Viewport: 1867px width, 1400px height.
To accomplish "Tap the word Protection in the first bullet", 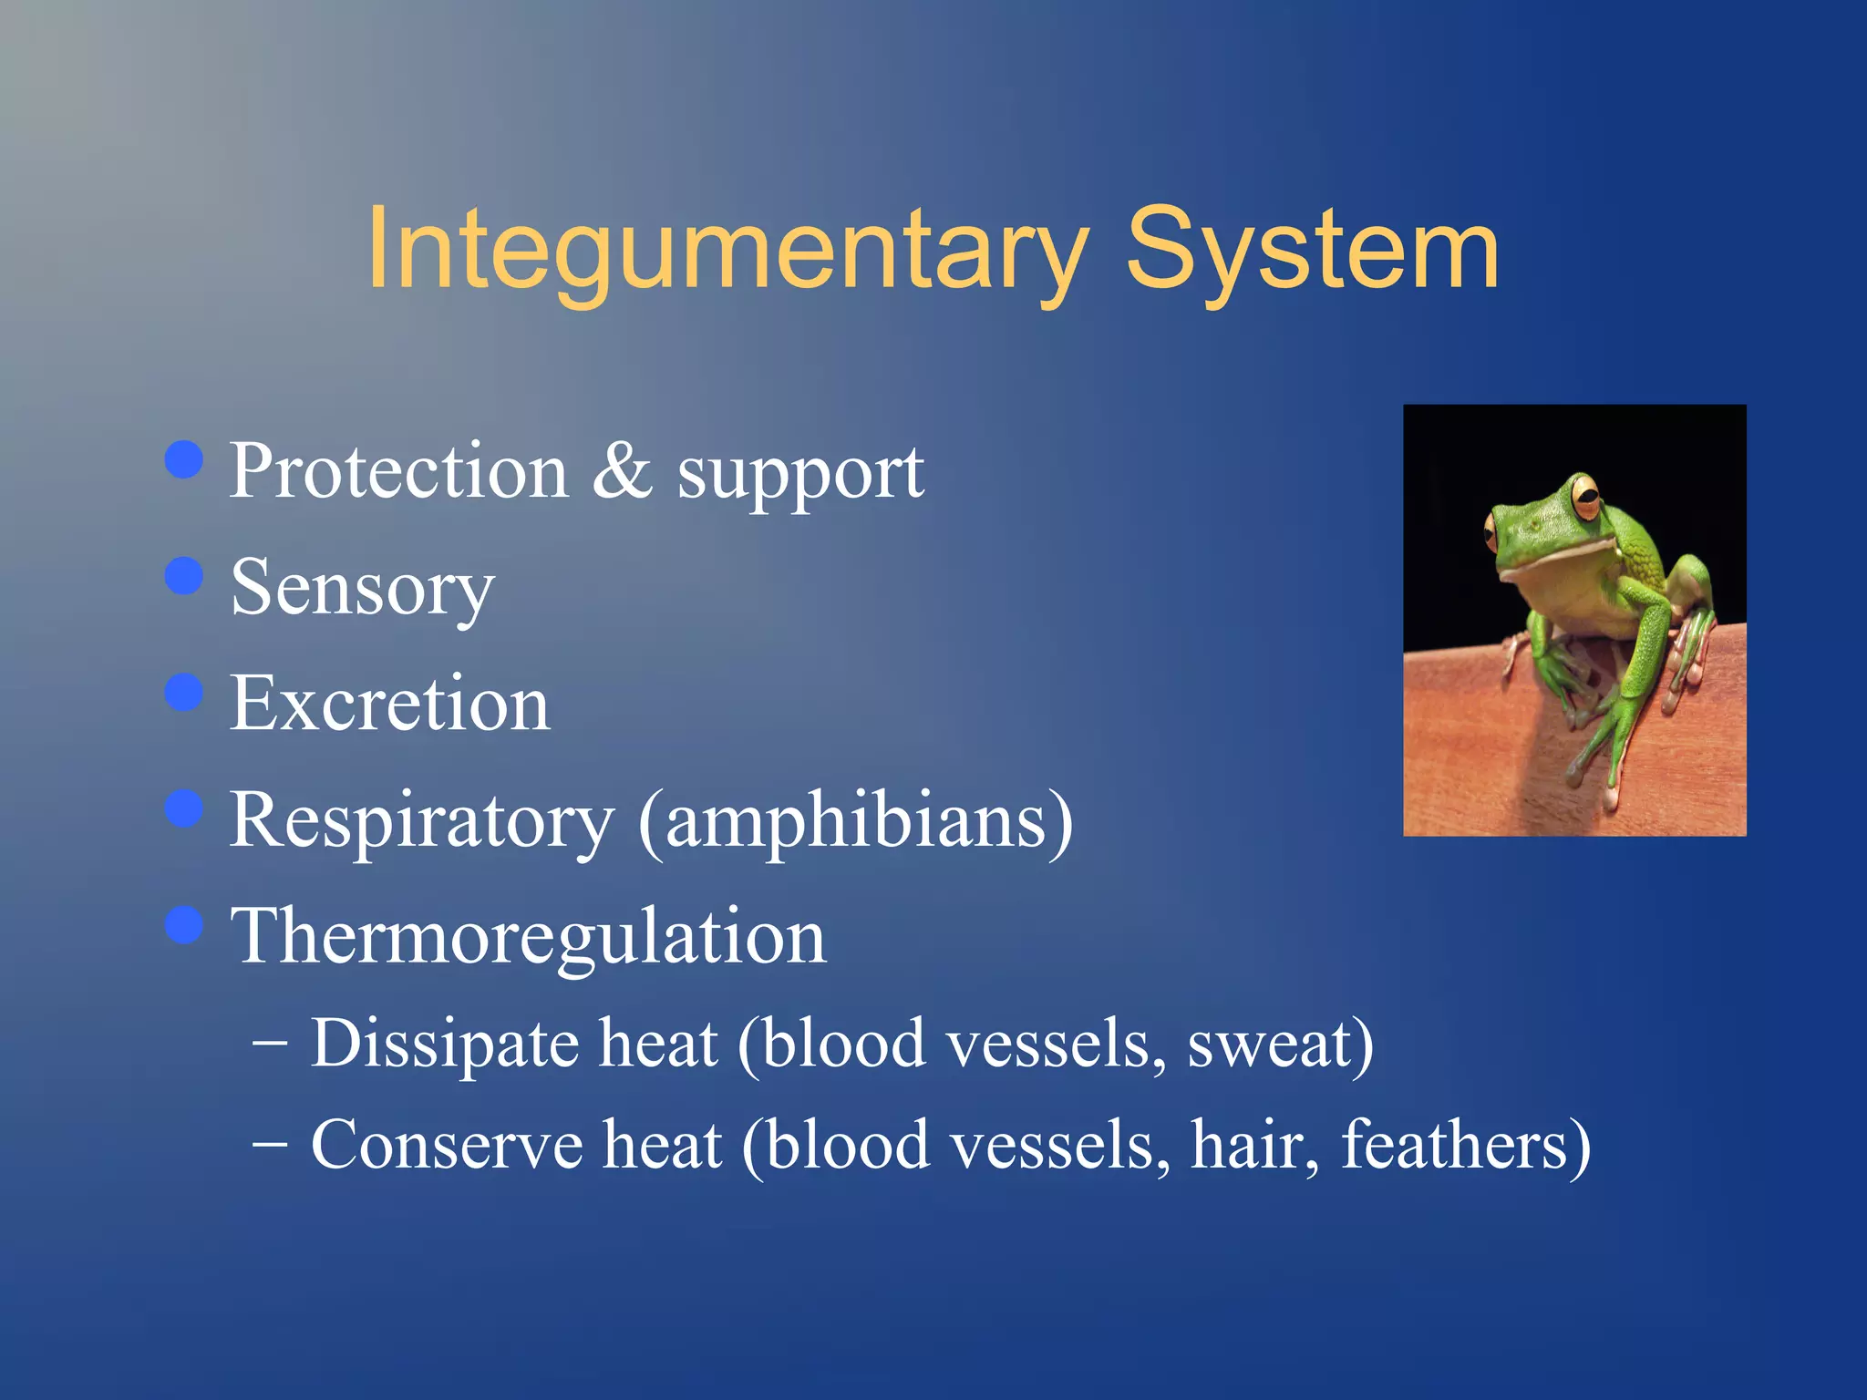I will point(398,471).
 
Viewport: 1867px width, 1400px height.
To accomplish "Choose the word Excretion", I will point(389,704).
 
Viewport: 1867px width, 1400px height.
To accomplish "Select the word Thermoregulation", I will point(528,939).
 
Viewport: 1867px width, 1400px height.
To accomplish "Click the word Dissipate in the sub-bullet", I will point(444,1045).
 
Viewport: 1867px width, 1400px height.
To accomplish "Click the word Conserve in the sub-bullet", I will point(446,1146).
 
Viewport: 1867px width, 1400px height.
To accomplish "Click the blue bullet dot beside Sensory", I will point(184,576).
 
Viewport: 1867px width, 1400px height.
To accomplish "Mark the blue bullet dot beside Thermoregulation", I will point(184,925).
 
